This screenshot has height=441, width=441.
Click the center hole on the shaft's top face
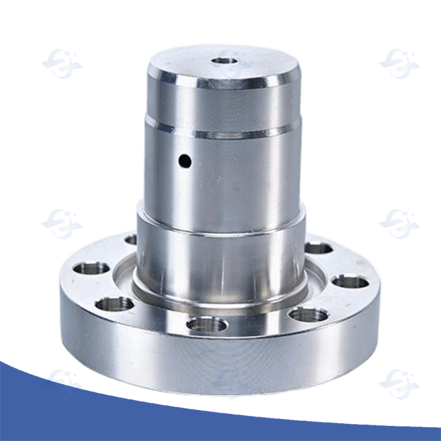[x=225, y=61]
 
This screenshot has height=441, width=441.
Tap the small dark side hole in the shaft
[x=184, y=161]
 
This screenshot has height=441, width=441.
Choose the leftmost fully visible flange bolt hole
[x=92, y=269]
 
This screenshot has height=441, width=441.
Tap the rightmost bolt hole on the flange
[x=350, y=281]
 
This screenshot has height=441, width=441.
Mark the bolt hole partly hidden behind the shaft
[x=131, y=239]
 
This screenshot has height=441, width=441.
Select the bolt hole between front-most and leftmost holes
[x=114, y=304]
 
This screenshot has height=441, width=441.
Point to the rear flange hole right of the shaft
[x=318, y=248]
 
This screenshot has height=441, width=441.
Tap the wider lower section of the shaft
[x=220, y=258]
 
